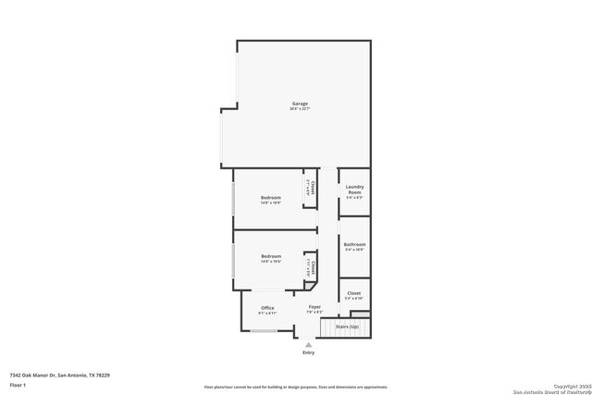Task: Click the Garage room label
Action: pos(300,104)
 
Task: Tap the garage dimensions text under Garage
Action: pos(300,109)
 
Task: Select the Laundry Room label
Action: pos(354,190)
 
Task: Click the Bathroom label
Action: pos(354,244)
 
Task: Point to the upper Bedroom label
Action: pos(270,197)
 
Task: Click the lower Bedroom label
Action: pos(270,256)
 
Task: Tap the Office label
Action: pos(267,308)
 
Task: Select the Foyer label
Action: pos(314,307)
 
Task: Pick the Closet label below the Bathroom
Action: pos(354,293)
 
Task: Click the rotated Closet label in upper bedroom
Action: pos(314,188)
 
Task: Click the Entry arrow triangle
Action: pos(308,345)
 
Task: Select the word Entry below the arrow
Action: pos(308,353)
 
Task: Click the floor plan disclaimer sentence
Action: pos(296,387)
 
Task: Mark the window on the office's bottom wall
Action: pos(265,330)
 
